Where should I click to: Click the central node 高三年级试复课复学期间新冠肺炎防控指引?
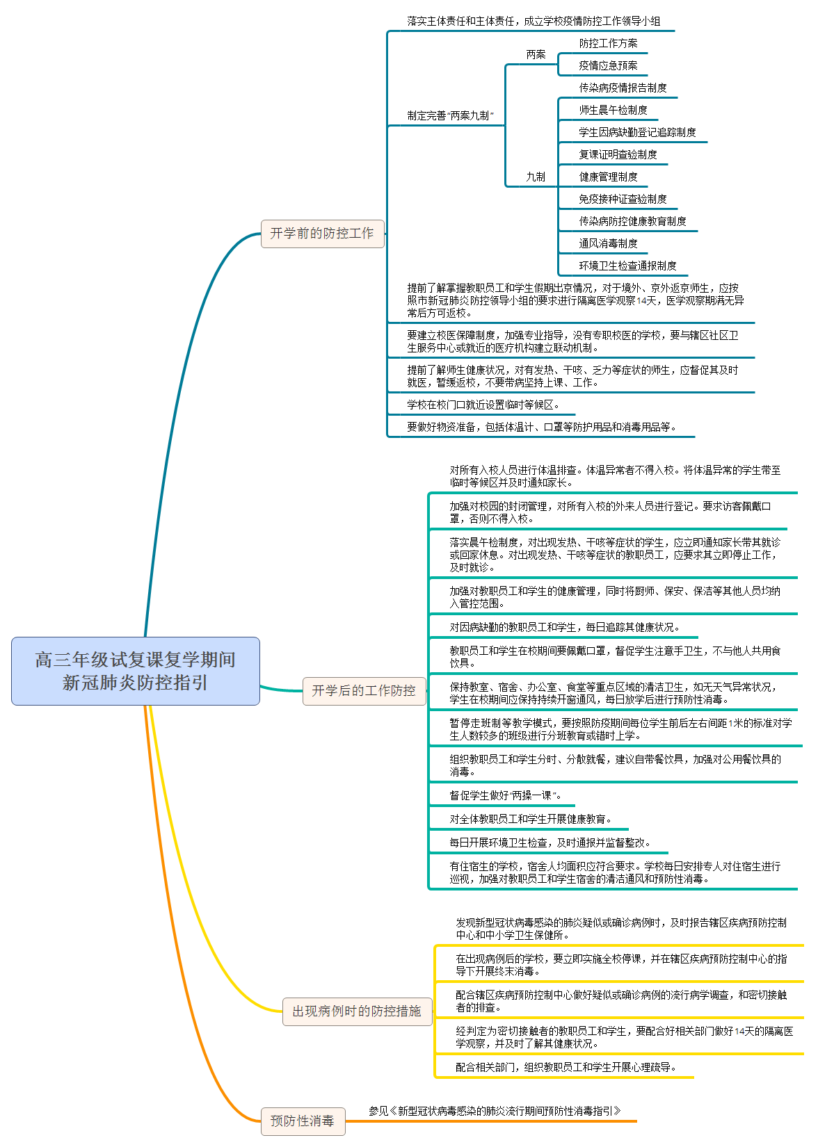pyautogui.click(x=136, y=671)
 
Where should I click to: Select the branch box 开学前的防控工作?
pyautogui.click(x=322, y=234)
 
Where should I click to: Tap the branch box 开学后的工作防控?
pyautogui.click(x=364, y=690)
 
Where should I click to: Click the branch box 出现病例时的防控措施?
pyautogui.click(x=357, y=1011)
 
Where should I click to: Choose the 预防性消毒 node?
pyautogui.click(x=303, y=1121)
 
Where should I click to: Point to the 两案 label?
pyautogui.click(x=536, y=54)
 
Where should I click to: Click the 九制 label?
pyautogui.click(x=536, y=177)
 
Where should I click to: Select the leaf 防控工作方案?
pyautogui.click(x=608, y=43)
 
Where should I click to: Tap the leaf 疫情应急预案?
pyautogui.click(x=608, y=65)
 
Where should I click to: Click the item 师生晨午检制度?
pyautogui.click(x=613, y=110)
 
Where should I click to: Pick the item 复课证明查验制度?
pyautogui.click(x=618, y=154)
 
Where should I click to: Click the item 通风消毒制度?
pyautogui.click(x=608, y=243)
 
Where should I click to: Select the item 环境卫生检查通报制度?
pyautogui.click(x=627, y=266)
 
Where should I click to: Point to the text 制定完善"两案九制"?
pyautogui.click(x=450, y=115)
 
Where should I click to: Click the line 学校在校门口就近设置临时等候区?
pyautogui.click(x=483, y=405)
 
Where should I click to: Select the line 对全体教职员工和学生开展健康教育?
pyautogui.click(x=530, y=819)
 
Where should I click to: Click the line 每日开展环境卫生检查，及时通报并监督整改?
pyautogui.click(x=550, y=843)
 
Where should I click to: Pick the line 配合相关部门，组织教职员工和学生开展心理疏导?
pyautogui.click(x=566, y=1067)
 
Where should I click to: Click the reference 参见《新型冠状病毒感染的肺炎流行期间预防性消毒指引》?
pyautogui.click(x=495, y=1111)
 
